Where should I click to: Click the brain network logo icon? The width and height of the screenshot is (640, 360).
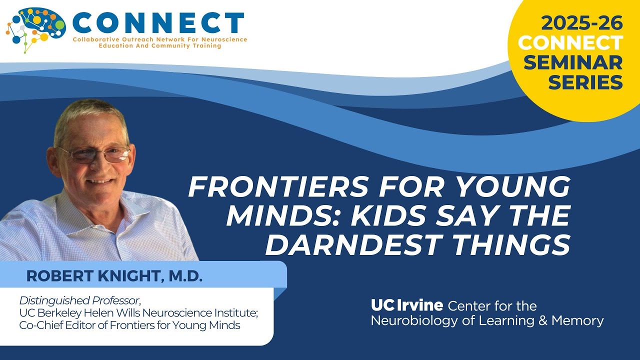35,29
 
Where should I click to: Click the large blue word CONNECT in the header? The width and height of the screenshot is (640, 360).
158,22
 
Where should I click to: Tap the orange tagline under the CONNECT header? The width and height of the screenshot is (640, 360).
159,42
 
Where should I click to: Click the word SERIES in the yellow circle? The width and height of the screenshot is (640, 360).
585,81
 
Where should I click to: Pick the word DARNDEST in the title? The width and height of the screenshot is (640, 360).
347,244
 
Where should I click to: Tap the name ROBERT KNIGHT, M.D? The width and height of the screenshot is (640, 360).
114,276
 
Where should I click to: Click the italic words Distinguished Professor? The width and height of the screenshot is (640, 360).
80,301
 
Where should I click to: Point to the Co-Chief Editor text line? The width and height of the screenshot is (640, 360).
129,325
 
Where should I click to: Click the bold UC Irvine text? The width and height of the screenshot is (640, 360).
406,305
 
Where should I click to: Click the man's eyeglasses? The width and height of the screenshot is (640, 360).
95,154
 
